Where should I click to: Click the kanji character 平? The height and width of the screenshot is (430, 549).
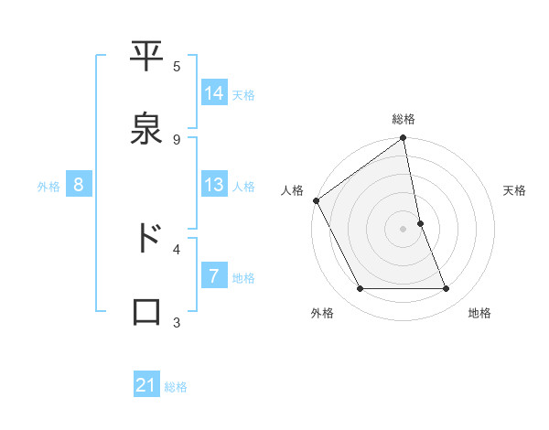(x=146, y=59)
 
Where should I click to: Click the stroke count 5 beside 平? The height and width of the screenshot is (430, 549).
(x=177, y=66)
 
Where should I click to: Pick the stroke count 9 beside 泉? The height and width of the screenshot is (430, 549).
(x=177, y=139)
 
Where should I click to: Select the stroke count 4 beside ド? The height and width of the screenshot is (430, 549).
(x=177, y=248)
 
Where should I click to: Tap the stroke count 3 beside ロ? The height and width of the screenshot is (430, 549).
(x=177, y=322)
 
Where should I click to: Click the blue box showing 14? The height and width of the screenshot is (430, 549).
(x=214, y=93)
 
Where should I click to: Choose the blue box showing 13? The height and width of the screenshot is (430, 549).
(x=214, y=185)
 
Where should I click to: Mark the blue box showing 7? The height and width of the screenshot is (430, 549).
(x=214, y=276)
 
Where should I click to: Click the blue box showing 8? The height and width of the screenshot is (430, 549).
(x=79, y=185)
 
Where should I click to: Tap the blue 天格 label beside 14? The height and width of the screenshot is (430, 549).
(x=243, y=95)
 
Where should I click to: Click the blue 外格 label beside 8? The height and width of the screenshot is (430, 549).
(x=48, y=187)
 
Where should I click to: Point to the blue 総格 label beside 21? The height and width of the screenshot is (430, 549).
(x=176, y=388)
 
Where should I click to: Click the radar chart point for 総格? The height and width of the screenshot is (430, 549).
(x=403, y=139)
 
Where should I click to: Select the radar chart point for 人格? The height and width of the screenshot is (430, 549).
(x=317, y=200)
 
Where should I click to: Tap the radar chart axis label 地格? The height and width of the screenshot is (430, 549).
(x=479, y=313)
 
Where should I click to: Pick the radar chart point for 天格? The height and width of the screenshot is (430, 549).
(x=420, y=223)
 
